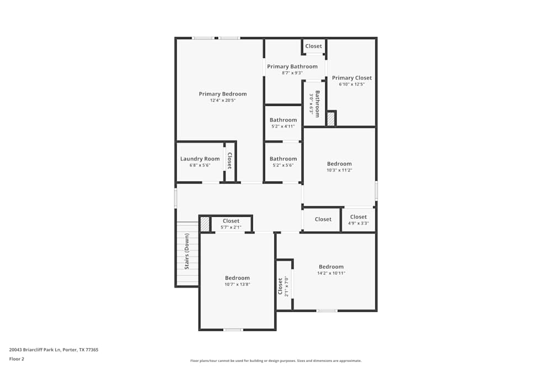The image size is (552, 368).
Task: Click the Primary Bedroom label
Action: click(222, 94)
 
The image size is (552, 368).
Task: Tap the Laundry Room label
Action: click(200, 159)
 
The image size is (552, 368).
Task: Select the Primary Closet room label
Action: click(352, 78)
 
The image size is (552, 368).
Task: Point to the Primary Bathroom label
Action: click(292, 66)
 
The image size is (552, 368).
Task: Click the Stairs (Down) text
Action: click(187, 252)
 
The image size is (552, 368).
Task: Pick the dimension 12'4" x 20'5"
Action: click(222, 100)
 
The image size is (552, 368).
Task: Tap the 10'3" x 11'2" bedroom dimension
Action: click(339, 170)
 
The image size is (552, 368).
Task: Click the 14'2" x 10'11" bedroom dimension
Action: click(331, 273)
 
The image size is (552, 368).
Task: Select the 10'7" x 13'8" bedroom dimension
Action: click(237, 284)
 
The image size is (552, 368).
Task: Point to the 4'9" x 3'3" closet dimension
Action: click(358, 223)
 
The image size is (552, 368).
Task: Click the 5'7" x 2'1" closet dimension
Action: click(231, 227)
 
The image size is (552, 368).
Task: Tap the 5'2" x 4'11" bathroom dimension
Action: click(283, 126)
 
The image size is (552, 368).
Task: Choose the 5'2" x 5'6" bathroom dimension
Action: click(283, 165)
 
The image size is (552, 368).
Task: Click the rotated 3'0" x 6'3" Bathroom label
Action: click(315, 103)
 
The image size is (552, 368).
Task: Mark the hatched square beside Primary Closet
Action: click(331, 119)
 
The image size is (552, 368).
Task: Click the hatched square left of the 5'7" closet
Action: click(205, 223)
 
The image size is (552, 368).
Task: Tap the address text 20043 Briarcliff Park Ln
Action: click(54, 349)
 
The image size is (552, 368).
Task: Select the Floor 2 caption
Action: click(17, 359)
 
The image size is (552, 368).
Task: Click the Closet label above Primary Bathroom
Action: click(314, 46)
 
